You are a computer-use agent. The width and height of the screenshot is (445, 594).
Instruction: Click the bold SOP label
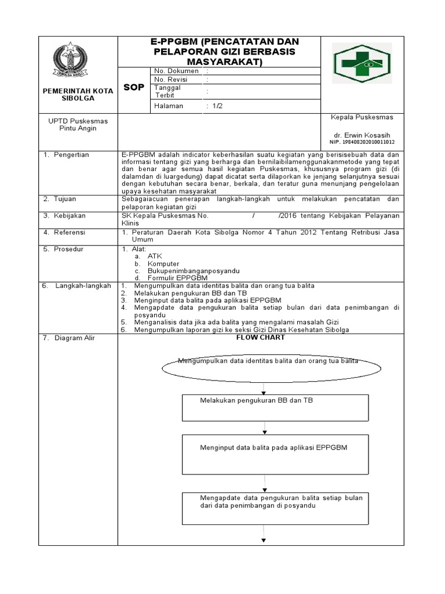coord(134,87)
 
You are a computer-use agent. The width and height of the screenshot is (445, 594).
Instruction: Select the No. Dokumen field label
coord(176,71)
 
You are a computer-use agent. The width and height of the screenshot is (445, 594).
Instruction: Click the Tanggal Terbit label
coord(167,91)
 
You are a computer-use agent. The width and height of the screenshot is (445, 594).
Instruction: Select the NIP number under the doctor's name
coord(362,142)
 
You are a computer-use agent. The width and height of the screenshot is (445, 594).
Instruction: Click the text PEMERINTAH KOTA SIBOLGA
coord(78,95)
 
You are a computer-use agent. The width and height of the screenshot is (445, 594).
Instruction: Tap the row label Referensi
coord(69,232)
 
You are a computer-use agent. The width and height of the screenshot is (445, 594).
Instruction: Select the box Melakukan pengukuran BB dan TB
coord(275,407)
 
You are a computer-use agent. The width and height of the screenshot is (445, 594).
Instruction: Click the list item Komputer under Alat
coord(163,263)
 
